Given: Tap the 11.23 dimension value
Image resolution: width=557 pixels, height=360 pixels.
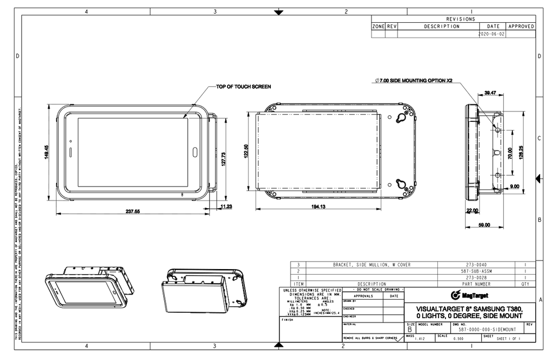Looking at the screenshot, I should (x=227, y=206).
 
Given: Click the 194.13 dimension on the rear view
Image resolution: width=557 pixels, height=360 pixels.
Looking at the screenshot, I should (x=319, y=207).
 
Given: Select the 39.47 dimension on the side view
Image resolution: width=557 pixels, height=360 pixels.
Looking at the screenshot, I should (x=490, y=93).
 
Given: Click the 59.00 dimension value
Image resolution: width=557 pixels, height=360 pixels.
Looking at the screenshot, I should (x=484, y=225).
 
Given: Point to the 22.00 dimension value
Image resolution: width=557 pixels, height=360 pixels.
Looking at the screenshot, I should (x=472, y=211).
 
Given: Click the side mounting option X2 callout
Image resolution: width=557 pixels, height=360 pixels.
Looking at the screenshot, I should (x=414, y=80).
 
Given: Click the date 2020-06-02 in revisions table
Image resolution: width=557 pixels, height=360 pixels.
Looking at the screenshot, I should (x=491, y=33).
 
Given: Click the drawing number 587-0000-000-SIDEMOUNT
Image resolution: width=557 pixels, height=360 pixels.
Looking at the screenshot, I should (x=487, y=330).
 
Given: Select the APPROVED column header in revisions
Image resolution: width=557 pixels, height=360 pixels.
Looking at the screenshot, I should (x=521, y=26).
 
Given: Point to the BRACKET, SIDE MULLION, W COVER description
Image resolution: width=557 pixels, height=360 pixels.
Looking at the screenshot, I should (x=372, y=264).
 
